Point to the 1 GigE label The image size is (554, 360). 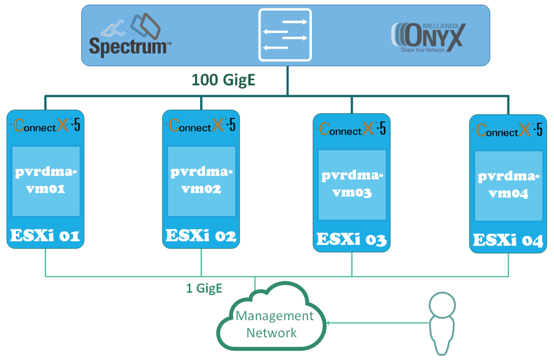[204, 288]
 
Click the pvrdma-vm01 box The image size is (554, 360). [45, 181]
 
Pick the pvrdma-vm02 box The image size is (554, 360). [201, 181]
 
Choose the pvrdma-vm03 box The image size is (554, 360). [352, 185]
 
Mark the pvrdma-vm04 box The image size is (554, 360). [509, 185]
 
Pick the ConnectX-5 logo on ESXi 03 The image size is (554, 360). [352, 129]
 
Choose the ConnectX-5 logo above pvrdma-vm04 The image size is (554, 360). [509, 130]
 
